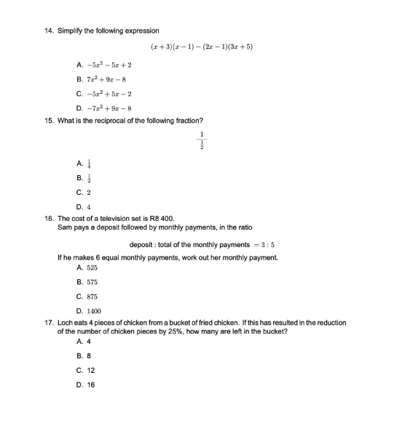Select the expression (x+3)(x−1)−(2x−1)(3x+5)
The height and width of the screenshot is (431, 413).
[x=202, y=47]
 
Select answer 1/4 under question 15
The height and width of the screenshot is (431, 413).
[x=89, y=164]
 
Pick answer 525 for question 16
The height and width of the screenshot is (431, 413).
[x=92, y=268]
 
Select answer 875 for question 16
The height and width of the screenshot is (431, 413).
[x=92, y=297]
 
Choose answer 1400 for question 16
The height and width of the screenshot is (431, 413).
[x=93, y=311]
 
